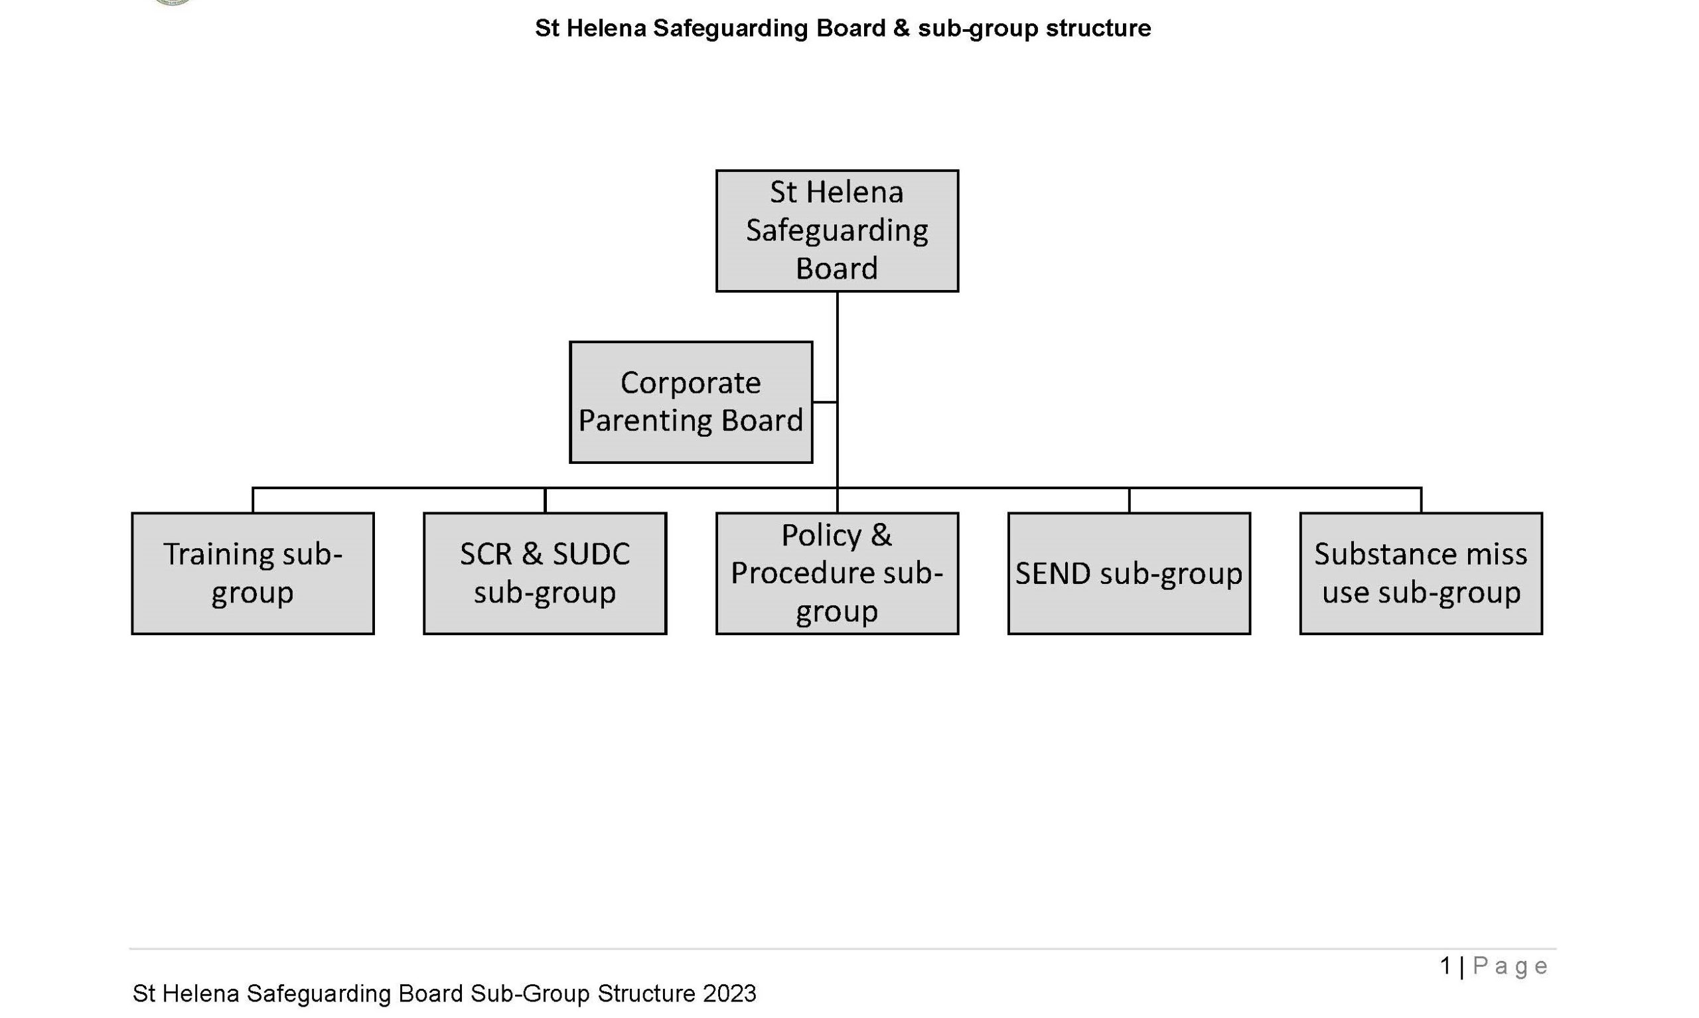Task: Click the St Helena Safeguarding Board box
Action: (837, 231)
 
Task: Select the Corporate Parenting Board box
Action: (691, 402)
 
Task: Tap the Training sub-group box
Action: (252, 573)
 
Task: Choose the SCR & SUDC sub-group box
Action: (545, 573)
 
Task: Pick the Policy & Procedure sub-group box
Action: (837, 573)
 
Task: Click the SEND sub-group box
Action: (1129, 573)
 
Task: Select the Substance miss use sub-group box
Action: (1421, 573)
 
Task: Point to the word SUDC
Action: (591, 554)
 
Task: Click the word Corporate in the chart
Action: (691, 384)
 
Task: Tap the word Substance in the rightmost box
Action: (1376, 554)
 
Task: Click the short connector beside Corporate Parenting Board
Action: (824, 402)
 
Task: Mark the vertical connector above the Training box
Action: (253, 500)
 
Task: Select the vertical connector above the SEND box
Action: (1129, 500)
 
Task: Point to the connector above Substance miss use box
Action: (1421, 500)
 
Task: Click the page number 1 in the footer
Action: (1446, 966)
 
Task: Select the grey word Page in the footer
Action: (1511, 966)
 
